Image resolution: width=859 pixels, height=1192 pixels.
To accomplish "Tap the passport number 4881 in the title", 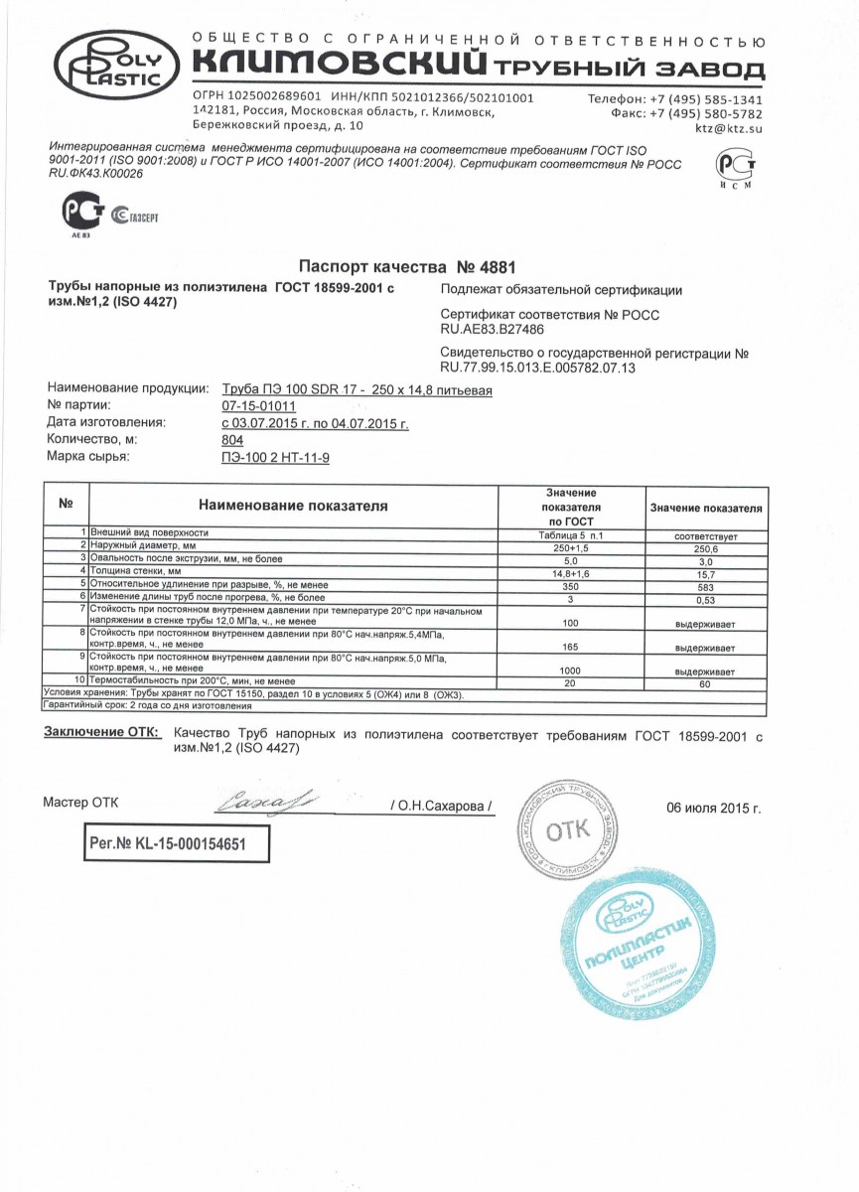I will click(x=485, y=267).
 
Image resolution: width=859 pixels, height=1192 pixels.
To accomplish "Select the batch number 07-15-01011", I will click(x=258, y=405).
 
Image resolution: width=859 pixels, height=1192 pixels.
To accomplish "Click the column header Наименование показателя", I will click(x=292, y=506).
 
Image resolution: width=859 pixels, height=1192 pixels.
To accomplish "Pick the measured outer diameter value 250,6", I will click(x=705, y=547).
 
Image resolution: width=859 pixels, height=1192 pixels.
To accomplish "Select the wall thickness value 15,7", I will click(x=705, y=572).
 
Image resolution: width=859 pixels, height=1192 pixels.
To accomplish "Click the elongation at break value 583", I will click(x=705, y=585).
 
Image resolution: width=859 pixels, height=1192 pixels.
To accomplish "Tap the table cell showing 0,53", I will click(x=705, y=598).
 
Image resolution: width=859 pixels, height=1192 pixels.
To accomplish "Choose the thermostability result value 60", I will click(x=705, y=683).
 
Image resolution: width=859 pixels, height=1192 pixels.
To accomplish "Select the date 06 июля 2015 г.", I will click(x=713, y=808).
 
